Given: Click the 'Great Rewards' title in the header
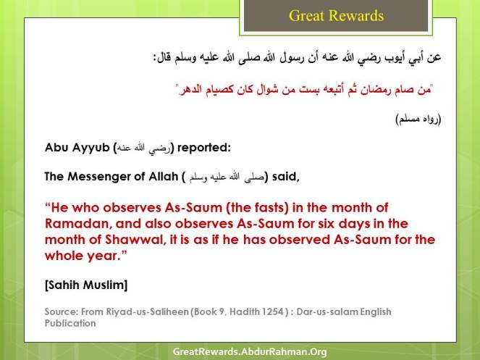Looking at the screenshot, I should click(x=336, y=15).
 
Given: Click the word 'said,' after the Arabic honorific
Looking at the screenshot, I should click(x=285, y=175).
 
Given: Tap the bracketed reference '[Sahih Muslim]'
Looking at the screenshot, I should click(x=85, y=285).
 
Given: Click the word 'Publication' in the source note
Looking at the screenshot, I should click(x=70, y=323).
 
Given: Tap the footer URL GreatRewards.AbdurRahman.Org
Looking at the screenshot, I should click(x=250, y=351).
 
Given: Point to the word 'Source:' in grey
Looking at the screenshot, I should click(x=61, y=312).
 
